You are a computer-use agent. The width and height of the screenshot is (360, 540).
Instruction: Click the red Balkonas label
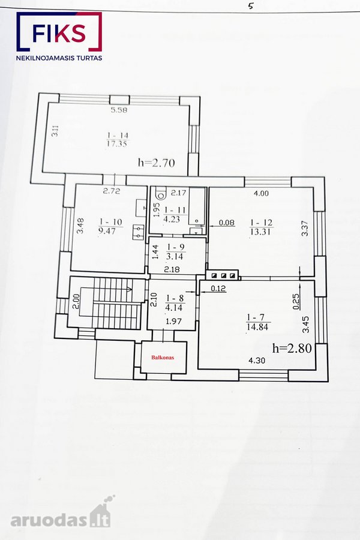click(163, 358)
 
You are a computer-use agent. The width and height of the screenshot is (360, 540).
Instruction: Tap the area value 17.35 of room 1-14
click(117, 144)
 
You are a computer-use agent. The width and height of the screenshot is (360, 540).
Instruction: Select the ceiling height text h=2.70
click(157, 162)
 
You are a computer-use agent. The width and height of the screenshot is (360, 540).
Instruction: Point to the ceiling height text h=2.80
click(292, 348)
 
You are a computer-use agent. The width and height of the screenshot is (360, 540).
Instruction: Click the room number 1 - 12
click(262, 223)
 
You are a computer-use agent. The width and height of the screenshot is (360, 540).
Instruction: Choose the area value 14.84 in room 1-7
click(257, 327)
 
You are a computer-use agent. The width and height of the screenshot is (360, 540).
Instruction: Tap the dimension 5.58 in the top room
click(119, 110)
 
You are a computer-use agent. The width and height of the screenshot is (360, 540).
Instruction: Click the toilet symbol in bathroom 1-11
click(160, 194)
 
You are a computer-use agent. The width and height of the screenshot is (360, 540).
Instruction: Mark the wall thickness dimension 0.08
click(227, 223)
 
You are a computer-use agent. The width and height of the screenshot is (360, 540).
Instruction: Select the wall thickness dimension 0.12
click(218, 288)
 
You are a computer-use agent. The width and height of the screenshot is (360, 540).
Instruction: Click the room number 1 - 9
click(176, 247)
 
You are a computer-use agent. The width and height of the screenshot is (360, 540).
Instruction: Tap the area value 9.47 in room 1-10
click(107, 231)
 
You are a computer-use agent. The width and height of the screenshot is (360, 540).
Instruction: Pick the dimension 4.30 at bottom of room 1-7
click(257, 361)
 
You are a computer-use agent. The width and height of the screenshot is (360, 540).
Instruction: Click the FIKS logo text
click(59, 34)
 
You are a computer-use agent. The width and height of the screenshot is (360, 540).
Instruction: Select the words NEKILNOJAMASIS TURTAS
click(59, 58)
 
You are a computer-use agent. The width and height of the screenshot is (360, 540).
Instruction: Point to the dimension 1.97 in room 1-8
click(173, 322)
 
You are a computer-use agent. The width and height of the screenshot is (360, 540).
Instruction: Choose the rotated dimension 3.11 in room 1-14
click(55, 131)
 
